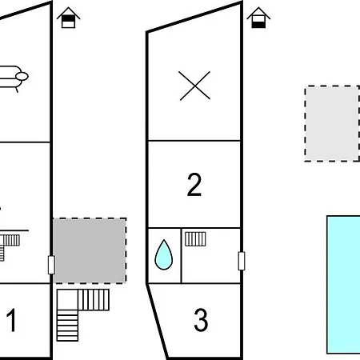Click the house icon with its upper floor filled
(69, 18)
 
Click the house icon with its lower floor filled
(258, 18)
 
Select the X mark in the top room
(194, 86)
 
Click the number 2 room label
(194, 185)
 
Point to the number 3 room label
(201, 320)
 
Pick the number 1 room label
(11, 320)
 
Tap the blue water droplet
(164, 254)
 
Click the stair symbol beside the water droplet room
(195, 239)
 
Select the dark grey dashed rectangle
(90, 250)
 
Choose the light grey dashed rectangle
(332, 123)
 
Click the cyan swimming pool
(343, 285)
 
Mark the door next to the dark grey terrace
(51, 265)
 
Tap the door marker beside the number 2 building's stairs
(242, 261)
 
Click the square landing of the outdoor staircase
(67, 300)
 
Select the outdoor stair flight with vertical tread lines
(94, 300)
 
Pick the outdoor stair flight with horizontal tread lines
(67, 326)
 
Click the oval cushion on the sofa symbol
(22, 77)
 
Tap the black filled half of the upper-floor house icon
(69, 18)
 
